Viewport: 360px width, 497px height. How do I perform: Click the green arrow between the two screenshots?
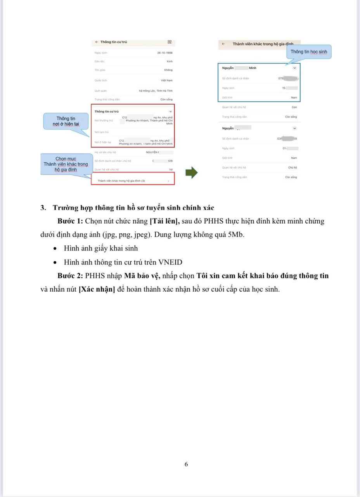click(x=192, y=172)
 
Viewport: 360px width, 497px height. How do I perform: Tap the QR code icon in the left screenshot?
click(x=170, y=42)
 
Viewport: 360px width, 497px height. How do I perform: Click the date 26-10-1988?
click(x=165, y=52)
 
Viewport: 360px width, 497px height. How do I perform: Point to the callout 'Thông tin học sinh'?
click(x=309, y=52)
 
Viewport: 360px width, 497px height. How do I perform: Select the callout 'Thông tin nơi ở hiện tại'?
click(x=66, y=121)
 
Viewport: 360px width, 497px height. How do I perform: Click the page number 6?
click(x=186, y=464)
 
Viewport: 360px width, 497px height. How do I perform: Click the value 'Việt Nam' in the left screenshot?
click(x=167, y=80)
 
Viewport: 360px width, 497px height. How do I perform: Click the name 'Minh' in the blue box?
click(x=253, y=68)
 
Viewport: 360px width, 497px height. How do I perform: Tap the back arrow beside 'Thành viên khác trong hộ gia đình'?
click(x=223, y=44)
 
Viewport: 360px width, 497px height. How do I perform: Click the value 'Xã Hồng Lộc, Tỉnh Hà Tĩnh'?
click(x=156, y=90)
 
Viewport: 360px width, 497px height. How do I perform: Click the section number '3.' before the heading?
click(x=43, y=208)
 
